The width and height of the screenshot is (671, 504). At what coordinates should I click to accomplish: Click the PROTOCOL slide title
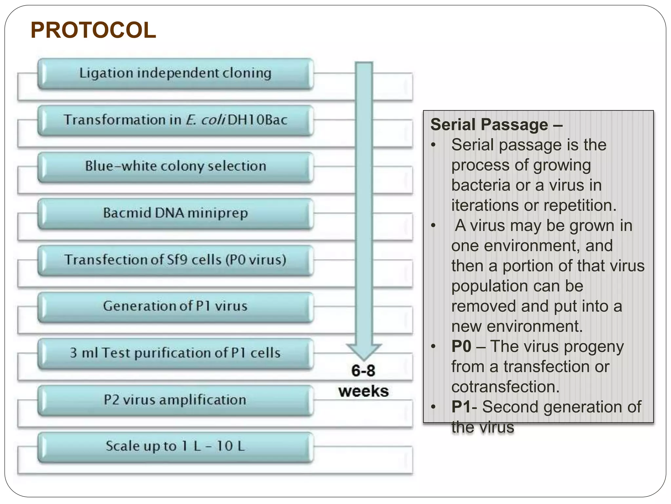93,30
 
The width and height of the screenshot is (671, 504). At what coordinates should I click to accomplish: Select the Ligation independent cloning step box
175,73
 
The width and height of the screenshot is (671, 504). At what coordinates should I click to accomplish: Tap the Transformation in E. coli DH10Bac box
175,120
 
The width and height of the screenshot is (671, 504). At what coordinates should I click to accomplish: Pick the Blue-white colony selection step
175,167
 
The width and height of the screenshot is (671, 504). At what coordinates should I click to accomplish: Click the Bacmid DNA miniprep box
175,213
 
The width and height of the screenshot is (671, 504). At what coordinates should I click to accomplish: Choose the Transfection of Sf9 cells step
175,260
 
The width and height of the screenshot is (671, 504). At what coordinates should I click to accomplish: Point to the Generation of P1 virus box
175,306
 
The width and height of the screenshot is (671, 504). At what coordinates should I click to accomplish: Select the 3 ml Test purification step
175,353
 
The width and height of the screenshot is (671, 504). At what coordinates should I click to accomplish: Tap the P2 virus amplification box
175,400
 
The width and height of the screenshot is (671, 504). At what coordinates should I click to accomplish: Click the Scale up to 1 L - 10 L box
175,447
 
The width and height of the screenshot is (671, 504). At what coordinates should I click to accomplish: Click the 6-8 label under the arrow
363,371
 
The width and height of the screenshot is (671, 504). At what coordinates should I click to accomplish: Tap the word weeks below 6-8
364,391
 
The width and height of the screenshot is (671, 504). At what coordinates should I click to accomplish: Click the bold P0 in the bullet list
461,346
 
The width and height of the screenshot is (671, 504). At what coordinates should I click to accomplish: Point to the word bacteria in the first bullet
481,185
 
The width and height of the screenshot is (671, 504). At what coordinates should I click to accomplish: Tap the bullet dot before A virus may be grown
433,226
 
